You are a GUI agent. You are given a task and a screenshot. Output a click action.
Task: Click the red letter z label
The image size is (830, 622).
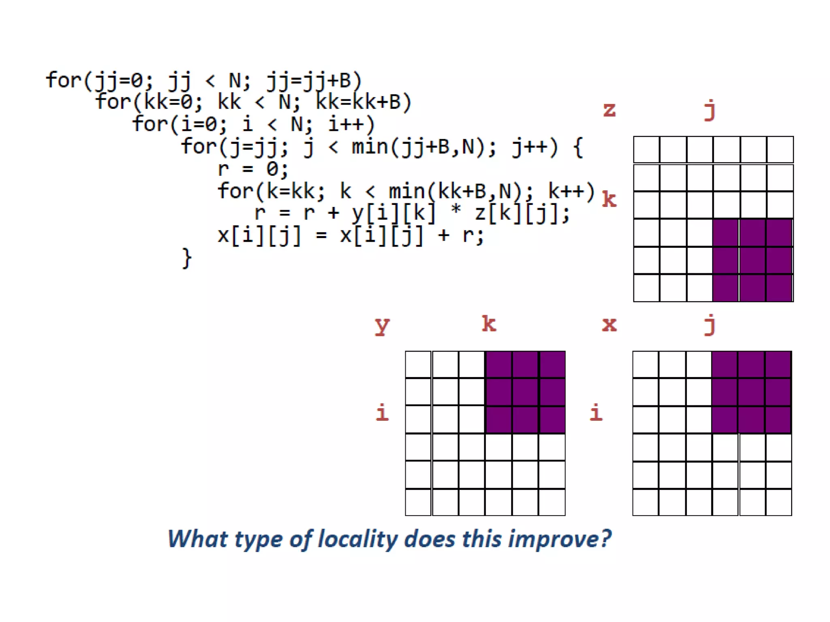pos(610,110)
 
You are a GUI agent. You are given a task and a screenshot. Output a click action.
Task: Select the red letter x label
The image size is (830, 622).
pos(610,324)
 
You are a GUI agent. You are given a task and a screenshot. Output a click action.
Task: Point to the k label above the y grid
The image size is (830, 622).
pos(489,324)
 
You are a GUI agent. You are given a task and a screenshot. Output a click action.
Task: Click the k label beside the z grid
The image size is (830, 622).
pos(609,199)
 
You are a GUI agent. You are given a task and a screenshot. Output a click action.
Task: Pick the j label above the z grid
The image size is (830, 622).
pos(710,110)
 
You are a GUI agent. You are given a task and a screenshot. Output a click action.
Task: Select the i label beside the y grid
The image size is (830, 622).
pos(382,413)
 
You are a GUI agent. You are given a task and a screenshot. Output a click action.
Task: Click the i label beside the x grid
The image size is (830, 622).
pos(596,413)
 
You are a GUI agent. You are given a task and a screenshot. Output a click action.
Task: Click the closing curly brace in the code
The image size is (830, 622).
pos(186,258)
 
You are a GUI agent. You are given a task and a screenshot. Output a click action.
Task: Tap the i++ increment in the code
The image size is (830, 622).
pos(351,124)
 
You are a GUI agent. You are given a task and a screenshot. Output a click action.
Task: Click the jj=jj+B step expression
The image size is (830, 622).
pos(314,80)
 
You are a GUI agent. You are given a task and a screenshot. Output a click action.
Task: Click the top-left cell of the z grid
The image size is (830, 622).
pos(646,150)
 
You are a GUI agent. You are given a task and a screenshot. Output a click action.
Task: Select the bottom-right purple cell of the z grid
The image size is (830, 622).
pos(779,288)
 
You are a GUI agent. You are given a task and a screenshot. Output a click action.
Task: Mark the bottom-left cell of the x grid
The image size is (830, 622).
pos(646,502)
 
